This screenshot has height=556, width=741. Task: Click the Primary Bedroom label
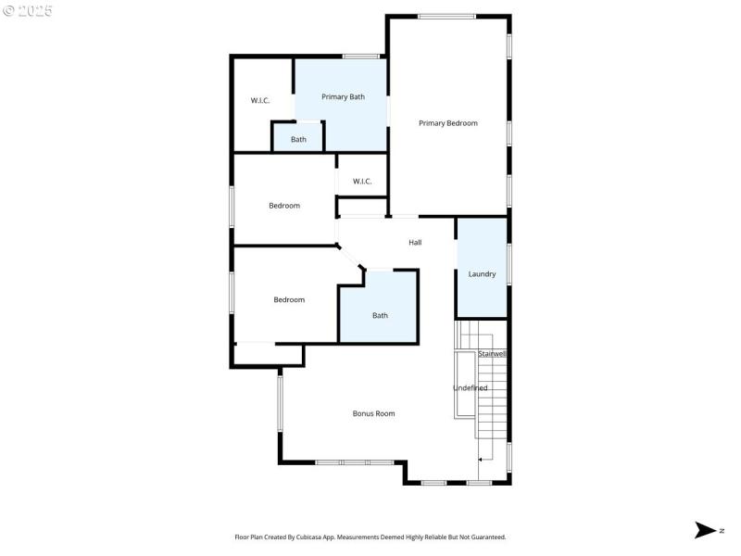pos(447,123)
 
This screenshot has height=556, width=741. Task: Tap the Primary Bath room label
pos(343,96)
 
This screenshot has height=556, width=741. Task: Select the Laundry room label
pos(482,274)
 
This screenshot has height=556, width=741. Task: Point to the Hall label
pos(415,243)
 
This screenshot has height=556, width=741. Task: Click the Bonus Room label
pos(373,413)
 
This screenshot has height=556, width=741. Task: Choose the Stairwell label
pos(492,354)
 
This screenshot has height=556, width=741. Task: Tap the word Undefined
pos(470,387)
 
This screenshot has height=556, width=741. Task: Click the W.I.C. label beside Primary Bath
pos(260,100)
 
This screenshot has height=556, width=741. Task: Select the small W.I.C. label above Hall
pos(362,182)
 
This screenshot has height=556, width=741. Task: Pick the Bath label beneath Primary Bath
pos(298,140)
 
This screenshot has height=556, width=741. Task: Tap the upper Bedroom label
pos(284,206)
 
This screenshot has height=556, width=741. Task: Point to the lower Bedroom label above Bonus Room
pos(289,299)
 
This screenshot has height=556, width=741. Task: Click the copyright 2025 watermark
pos(28,11)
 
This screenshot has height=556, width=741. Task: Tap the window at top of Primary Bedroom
pos(446,16)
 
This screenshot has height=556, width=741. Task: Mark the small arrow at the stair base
pos(481,459)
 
